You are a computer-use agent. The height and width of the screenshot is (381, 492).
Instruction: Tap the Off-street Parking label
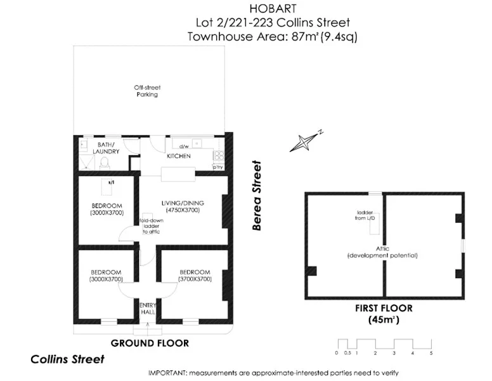(x=146, y=91)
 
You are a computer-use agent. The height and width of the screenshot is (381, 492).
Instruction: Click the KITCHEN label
(x=179, y=156)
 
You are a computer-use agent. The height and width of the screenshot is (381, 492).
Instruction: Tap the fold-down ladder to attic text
(x=151, y=226)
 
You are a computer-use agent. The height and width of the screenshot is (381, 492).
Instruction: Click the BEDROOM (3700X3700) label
(x=195, y=276)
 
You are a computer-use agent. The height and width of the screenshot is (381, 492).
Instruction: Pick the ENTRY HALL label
(x=148, y=309)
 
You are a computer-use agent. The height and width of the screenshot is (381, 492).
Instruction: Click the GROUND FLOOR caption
(x=150, y=343)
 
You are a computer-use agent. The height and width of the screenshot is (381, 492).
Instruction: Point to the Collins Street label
(x=67, y=359)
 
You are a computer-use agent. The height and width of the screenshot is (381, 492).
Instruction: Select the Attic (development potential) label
(x=382, y=251)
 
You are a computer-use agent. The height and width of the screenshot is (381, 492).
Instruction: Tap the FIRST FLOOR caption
(x=384, y=309)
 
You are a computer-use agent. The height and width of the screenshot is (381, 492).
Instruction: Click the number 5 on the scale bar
(x=431, y=352)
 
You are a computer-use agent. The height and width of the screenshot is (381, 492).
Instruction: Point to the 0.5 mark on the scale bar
(x=347, y=352)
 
